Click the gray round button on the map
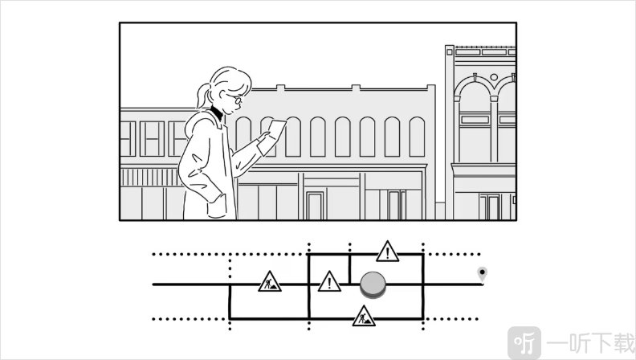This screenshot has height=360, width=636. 373,284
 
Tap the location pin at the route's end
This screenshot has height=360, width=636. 482,274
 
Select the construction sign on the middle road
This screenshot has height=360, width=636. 270,282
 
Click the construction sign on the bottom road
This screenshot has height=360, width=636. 364,317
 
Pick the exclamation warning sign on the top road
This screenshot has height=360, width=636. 387,252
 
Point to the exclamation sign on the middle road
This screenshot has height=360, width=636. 329,282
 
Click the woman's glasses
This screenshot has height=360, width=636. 235,99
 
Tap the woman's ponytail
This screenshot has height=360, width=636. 202,96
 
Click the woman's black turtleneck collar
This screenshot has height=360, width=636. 216,112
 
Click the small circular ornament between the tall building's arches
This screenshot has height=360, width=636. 494,77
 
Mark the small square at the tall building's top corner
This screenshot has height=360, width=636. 450,52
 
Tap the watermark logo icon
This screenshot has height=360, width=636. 524,343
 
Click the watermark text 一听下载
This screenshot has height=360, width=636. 590,343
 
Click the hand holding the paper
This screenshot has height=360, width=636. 264,137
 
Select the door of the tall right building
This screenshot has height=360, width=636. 490,207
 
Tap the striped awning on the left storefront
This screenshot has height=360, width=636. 149,177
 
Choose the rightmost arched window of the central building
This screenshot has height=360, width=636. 417,137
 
